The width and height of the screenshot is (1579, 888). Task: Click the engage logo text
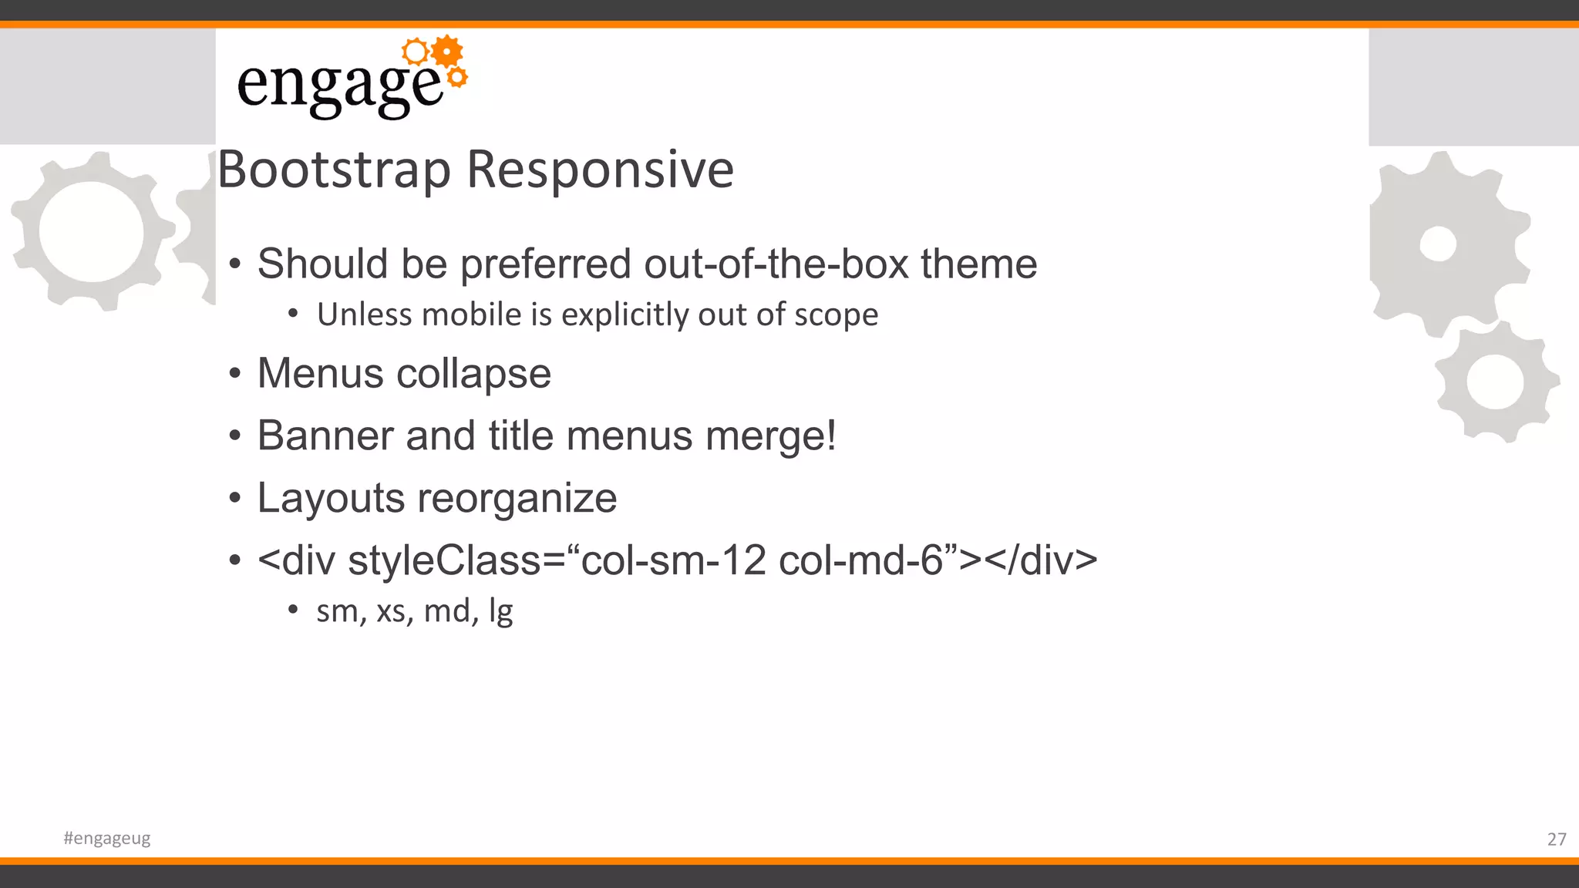point(339,85)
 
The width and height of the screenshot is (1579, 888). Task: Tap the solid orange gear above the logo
point(447,52)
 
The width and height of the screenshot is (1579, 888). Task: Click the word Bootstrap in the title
point(334,170)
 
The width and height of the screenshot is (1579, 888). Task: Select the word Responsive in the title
point(601,170)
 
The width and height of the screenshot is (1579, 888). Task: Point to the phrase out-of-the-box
point(776,264)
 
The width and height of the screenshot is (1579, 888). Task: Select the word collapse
point(473,375)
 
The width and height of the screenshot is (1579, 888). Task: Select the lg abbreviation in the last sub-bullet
point(500,612)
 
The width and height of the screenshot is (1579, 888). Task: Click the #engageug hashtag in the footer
point(107,838)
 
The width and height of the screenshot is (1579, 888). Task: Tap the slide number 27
point(1556,839)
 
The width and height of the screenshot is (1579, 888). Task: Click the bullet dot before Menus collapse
point(235,375)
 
